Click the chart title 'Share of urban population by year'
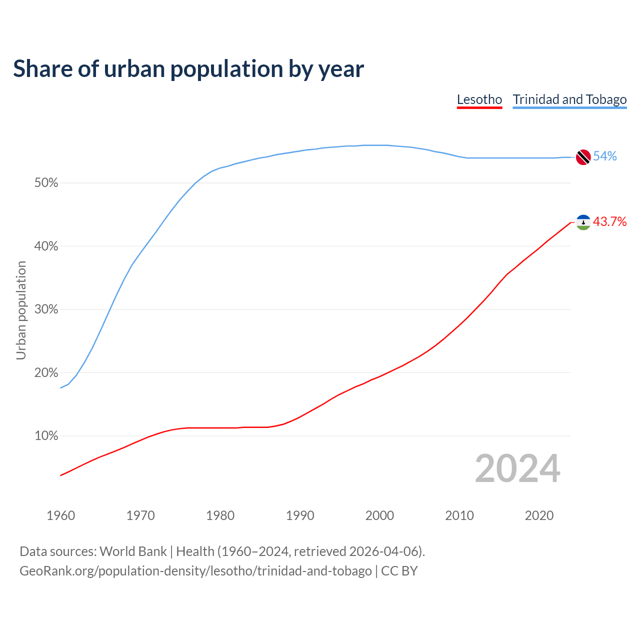(x=188, y=69)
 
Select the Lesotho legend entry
(x=479, y=99)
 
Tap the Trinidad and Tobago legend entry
(x=569, y=99)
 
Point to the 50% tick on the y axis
(x=46, y=183)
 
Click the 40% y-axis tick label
(x=46, y=246)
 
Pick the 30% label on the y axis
(x=46, y=309)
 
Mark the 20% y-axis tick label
(x=46, y=373)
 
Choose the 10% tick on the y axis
(x=46, y=436)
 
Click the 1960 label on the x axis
(x=60, y=515)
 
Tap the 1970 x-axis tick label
(x=140, y=515)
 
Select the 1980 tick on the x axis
(x=220, y=515)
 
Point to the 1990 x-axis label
(x=300, y=515)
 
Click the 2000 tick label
(x=379, y=515)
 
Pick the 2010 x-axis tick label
(x=459, y=515)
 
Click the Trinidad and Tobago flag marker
(x=583, y=157)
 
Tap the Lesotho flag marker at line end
(x=583, y=222)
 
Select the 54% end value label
(x=605, y=156)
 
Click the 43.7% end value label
(x=610, y=221)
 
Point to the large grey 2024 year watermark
(x=517, y=468)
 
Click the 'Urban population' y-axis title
(x=21, y=310)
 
